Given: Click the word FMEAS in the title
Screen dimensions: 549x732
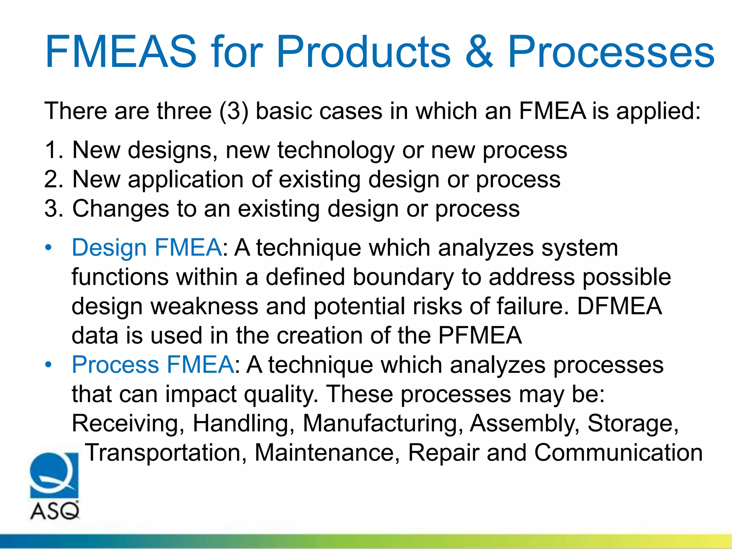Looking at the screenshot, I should coord(121,52).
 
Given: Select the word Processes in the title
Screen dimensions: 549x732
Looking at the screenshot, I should coord(611,52).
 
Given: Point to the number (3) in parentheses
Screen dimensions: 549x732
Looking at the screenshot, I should coord(234,111).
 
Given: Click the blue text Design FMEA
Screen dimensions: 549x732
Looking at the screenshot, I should coord(147,247).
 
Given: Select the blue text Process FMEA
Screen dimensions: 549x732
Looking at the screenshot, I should coord(153,365).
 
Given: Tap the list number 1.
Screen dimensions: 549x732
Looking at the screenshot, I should coord(53,150).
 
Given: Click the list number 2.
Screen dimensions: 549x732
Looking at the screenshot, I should coord(53,179).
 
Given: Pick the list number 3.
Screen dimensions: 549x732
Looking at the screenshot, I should coord(53,208).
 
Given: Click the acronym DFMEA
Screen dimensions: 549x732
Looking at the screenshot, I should coord(619,306).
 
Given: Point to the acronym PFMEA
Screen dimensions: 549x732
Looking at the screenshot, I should coord(480,335).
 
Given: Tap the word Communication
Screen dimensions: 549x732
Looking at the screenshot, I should coord(618,452).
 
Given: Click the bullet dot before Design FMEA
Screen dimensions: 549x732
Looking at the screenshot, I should coord(49,248).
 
